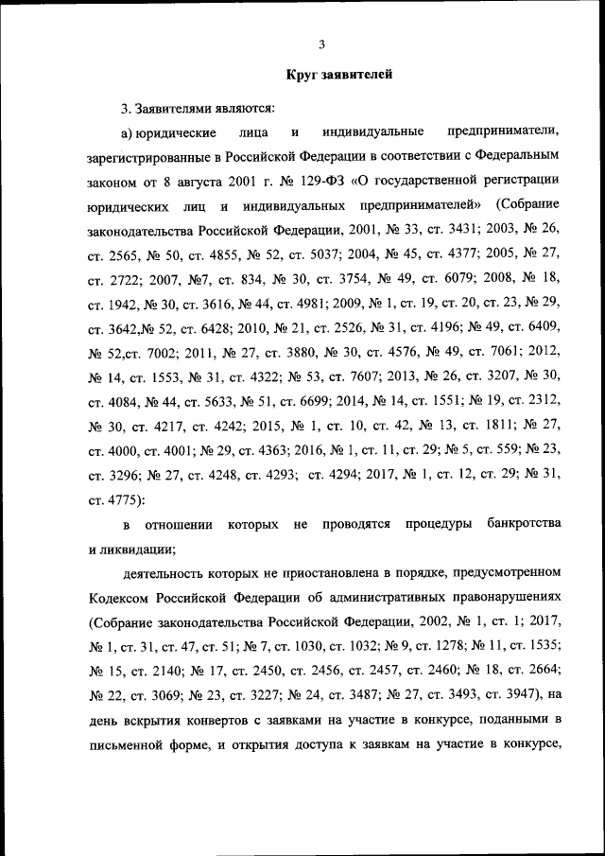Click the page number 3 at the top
click(321, 44)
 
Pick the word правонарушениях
click(498, 598)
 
